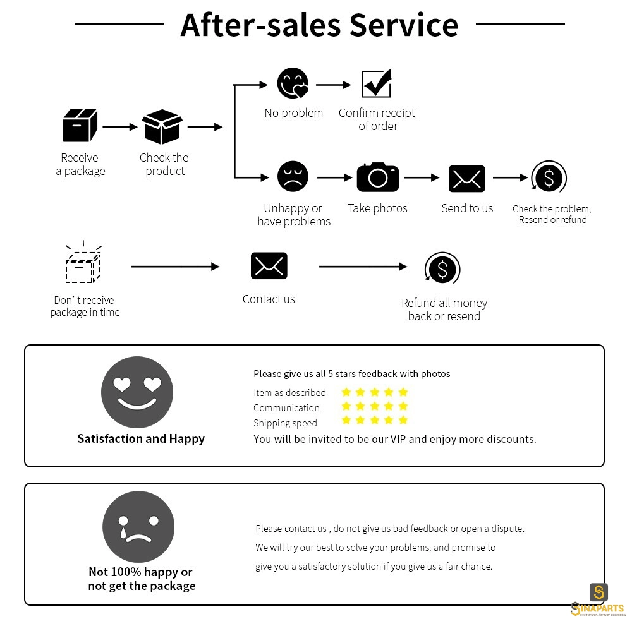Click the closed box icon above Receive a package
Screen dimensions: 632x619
(x=80, y=125)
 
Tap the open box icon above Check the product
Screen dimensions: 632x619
(x=162, y=126)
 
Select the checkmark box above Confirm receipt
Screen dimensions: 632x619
(x=377, y=83)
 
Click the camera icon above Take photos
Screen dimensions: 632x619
(x=378, y=177)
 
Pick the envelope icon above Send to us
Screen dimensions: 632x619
(x=467, y=178)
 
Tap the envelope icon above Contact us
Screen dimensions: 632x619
(x=269, y=266)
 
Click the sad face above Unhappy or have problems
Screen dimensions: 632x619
(x=293, y=176)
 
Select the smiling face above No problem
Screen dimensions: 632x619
(x=293, y=83)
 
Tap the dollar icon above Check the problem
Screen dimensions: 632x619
(x=549, y=177)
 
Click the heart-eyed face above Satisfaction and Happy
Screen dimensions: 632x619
(x=137, y=392)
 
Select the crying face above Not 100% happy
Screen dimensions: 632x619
(x=138, y=527)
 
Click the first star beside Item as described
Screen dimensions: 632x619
(x=346, y=392)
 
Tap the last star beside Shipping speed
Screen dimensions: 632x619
(x=403, y=420)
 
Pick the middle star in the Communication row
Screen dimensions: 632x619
(x=374, y=406)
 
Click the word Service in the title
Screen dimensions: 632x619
(x=404, y=25)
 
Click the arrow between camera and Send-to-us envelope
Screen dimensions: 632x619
(x=422, y=177)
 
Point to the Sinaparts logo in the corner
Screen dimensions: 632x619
(x=599, y=599)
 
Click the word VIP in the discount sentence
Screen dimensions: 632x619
(x=398, y=439)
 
